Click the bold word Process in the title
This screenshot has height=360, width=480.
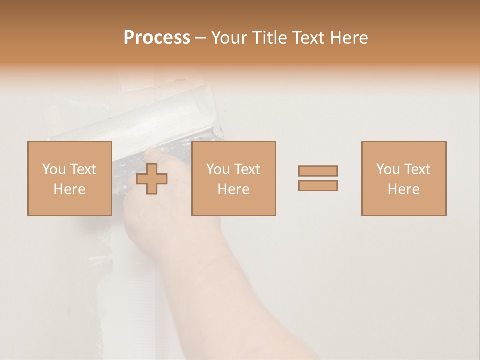coord(157,38)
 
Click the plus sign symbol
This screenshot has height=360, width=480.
coord(152,179)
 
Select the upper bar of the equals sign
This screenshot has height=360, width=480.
coord(318,171)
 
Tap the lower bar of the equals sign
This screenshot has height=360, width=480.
coord(318,185)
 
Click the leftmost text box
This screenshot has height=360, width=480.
coord(69,178)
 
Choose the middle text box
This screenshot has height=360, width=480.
coord(233,178)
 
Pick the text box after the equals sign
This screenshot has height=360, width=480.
coord(404,178)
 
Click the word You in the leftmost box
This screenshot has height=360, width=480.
coord(54,169)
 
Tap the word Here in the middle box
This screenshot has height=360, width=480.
coord(233,189)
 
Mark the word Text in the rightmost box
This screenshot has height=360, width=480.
coord(418,169)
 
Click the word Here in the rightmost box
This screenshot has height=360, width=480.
coord(404,189)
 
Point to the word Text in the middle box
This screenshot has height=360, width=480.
coord(247,169)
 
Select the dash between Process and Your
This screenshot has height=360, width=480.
coord(200,38)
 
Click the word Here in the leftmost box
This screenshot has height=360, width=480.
coord(69,189)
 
